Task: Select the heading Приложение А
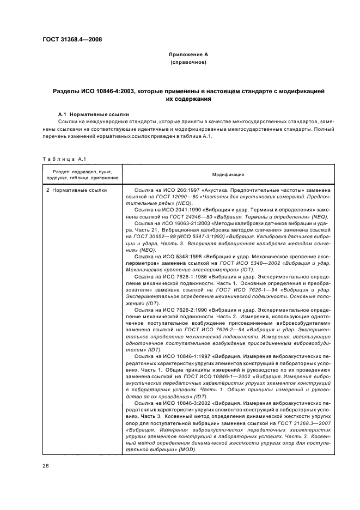(188, 55)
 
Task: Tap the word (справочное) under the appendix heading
(188, 63)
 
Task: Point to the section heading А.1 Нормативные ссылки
(94, 114)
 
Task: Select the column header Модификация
(228, 174)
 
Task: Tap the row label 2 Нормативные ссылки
(76, 190)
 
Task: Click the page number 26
(45, 466)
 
